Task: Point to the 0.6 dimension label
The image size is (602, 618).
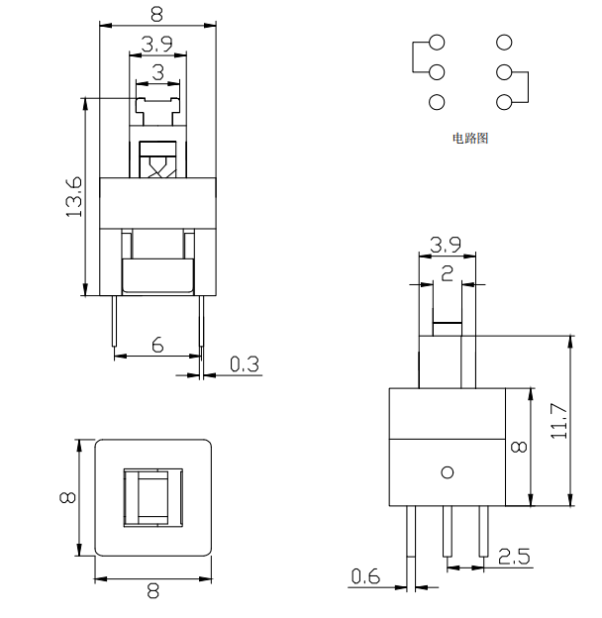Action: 364,575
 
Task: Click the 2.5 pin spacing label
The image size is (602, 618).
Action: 513,557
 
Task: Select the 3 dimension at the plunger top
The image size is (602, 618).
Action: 158,72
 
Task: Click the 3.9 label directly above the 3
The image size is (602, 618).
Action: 158,45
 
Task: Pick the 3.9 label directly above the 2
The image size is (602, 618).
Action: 448,245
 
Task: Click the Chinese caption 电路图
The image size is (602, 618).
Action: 470,139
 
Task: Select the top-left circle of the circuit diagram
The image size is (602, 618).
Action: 437,43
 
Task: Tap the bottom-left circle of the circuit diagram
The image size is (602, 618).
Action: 437,101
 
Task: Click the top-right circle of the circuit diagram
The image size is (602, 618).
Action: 505,43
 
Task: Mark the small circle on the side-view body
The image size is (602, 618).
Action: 448,472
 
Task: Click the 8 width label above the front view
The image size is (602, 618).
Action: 158,12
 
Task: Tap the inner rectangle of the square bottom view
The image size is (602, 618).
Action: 153,497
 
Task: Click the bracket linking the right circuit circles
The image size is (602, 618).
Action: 526,87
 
